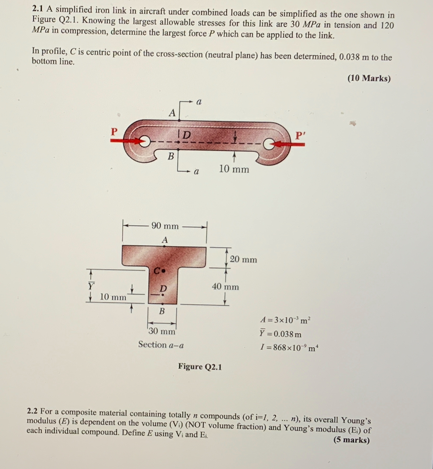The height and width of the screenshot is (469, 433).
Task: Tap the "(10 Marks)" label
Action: tap(369, 79)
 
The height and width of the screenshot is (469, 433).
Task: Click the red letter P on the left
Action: tap(113, 131)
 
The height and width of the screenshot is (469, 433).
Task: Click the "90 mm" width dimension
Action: tap(165, 226)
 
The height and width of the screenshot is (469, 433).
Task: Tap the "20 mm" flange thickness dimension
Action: tap(243, 259)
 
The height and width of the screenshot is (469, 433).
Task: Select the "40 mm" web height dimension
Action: tap(225, 287)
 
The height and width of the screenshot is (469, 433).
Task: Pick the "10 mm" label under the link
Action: tap(234, 169)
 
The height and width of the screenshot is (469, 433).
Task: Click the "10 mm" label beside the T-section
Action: tap(113, 298)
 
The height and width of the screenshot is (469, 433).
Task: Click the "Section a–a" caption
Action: tap(161, 344)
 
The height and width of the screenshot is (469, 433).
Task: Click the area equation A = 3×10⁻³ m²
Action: tap(287, 321)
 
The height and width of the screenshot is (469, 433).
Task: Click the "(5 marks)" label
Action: tap(351, 440)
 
